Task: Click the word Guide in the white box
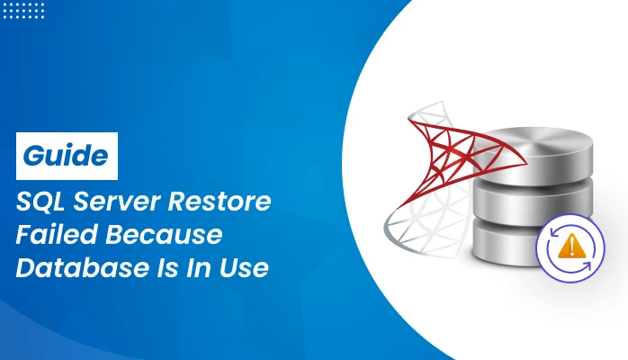[67, 154]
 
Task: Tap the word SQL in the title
[40, 202]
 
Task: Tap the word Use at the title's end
[247, 269]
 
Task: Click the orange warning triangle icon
[569, 246]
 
